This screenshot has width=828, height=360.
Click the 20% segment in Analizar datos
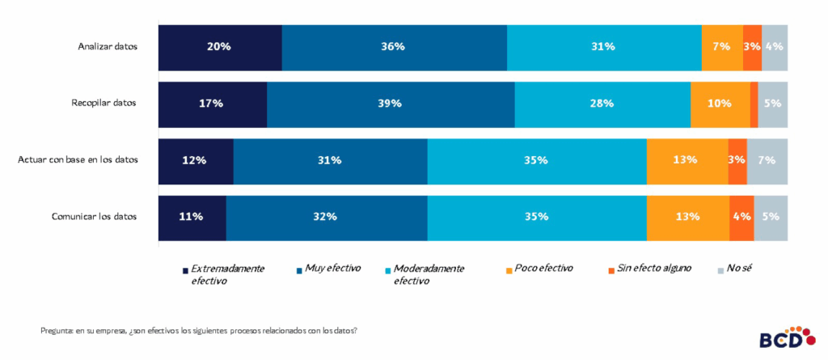click(x=219, y=47)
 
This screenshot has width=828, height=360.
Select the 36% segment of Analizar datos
click(x=394, y=47)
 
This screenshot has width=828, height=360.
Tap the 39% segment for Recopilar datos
click(x=391, y=104)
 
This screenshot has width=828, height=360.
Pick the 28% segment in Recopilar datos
click(x=602, y=104)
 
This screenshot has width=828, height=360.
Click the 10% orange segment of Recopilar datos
click(x=720, y=104)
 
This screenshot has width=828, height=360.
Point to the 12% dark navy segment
click(x=195, y=160)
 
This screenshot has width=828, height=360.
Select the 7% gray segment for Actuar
click(x=767, y=160)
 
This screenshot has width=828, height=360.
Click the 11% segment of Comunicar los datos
click(x=192, y=217)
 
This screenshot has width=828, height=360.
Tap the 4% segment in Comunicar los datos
click(x=741, y=217)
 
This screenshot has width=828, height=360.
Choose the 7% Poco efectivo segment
click(x=722, y=47)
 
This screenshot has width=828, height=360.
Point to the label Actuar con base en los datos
click(x=78, y=160)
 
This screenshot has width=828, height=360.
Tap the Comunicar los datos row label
click(x=95, y=217)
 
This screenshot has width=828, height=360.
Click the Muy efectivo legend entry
click(x=332, y=268)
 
